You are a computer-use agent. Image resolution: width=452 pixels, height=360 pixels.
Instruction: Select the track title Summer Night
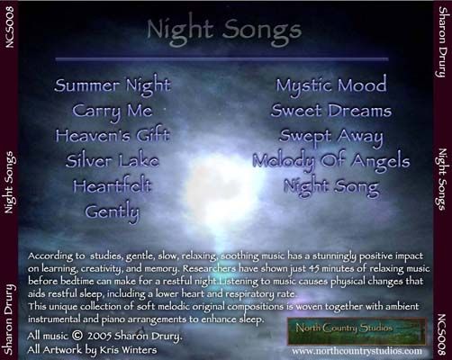[113, 86]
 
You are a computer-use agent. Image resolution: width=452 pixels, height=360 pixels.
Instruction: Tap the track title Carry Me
[113, 112]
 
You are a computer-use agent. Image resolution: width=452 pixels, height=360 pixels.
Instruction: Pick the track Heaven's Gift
[113, 135]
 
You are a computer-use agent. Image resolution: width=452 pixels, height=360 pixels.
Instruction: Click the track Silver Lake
[113, 160]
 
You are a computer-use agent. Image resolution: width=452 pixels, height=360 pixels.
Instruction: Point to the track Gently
[113, 212]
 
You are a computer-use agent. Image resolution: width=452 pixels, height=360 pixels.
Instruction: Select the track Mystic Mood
[331, 86]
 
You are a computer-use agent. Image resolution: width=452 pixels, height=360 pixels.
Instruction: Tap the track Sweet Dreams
[331, 111]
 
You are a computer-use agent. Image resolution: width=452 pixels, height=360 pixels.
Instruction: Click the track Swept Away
[331, 137]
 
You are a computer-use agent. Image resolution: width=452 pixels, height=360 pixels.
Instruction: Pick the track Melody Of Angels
[331, 162]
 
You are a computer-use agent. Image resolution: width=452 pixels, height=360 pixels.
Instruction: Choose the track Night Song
[331, 187]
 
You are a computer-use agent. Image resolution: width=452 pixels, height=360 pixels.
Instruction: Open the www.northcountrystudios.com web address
[357, 351]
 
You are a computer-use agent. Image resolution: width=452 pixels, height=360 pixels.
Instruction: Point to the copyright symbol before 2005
[77, 335]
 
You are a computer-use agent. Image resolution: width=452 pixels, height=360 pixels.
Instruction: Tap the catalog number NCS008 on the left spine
[10, 27]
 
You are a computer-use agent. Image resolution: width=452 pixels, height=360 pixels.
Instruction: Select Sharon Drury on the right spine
[441, 41]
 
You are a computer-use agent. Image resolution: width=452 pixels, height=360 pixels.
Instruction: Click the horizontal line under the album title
[221, 59]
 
